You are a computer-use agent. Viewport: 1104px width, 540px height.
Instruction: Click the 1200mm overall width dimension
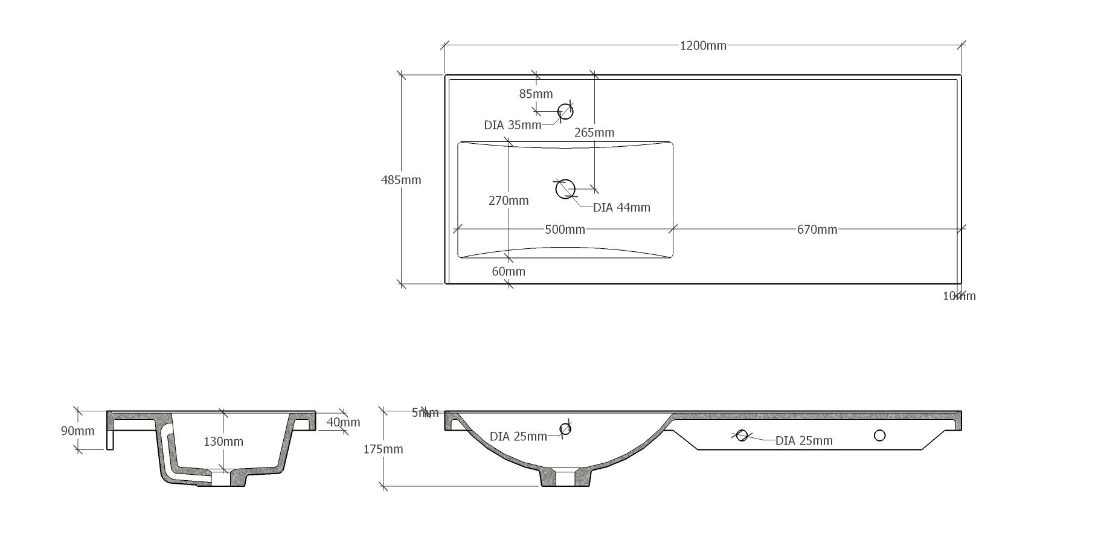[x=703, y=46]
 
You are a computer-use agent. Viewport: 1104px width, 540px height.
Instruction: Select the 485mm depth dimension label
[x=401, y=180]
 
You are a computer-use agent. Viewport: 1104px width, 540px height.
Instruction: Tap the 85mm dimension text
[x=536, y=94]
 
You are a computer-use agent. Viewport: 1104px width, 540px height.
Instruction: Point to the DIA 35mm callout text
[x=512, y=126]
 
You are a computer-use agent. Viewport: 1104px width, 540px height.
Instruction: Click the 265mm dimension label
[x=594, y=133]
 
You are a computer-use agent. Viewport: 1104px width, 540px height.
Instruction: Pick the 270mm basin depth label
[x=509, y=201]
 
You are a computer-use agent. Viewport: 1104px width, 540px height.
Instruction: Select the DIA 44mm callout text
[x=621, y=208]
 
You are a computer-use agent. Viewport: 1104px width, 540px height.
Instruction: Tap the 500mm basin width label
[x=565, y=230]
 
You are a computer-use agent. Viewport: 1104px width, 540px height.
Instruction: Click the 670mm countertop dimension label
[x=817, y=230]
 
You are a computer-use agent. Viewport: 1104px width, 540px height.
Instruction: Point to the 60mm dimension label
[x=509, y=272]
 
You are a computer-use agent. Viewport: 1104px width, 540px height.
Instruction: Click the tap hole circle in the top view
[x=565, y=111]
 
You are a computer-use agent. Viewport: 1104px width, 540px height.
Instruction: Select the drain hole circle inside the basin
[x=565, y=189]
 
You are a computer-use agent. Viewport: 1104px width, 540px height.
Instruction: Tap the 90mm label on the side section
[x=78, y=431]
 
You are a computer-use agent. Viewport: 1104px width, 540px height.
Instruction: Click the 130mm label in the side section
[x=223, y=442]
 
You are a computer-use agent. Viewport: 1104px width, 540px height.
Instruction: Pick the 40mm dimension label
[x=343, y=422]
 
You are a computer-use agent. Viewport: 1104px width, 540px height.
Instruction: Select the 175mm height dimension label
[x=383, y=449]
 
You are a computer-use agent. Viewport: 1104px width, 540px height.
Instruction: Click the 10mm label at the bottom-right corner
[x=959, y=296]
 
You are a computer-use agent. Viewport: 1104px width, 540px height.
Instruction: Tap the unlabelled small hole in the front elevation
[x=879, y=436]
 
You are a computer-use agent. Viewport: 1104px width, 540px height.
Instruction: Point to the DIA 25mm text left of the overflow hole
[x=518, y=437]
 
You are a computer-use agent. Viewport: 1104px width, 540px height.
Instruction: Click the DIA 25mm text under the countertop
[x=804, y=441]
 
